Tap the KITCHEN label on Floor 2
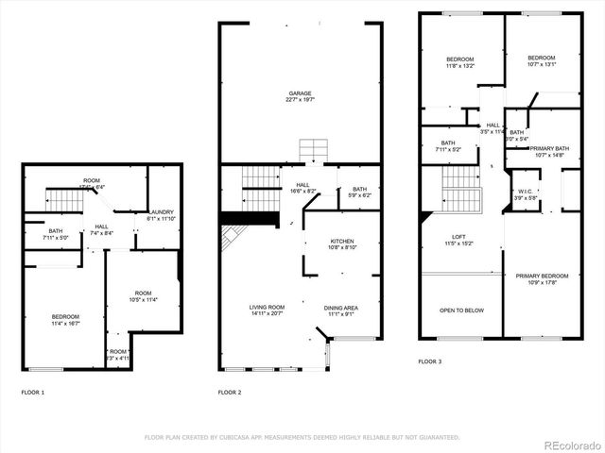coord(341,241)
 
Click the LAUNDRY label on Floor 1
coord(164,212)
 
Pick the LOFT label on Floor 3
coord(458,237)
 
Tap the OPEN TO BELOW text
coord(461,310)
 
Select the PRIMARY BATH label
coord(548,148)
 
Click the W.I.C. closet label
coord(527,193)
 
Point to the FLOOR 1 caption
coord(32,392)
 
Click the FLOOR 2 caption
coord(230,392)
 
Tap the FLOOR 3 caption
coord(429,361)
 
